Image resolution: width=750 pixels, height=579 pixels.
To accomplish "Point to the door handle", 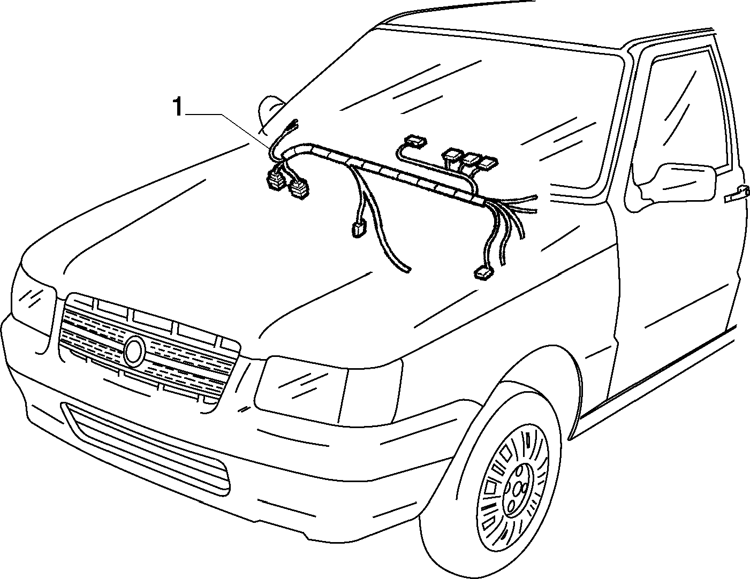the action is coord(738,194).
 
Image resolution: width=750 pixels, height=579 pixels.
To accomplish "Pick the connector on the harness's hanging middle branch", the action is coord(358,229).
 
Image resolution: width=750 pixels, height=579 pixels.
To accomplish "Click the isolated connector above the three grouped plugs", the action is coord(415,141).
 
